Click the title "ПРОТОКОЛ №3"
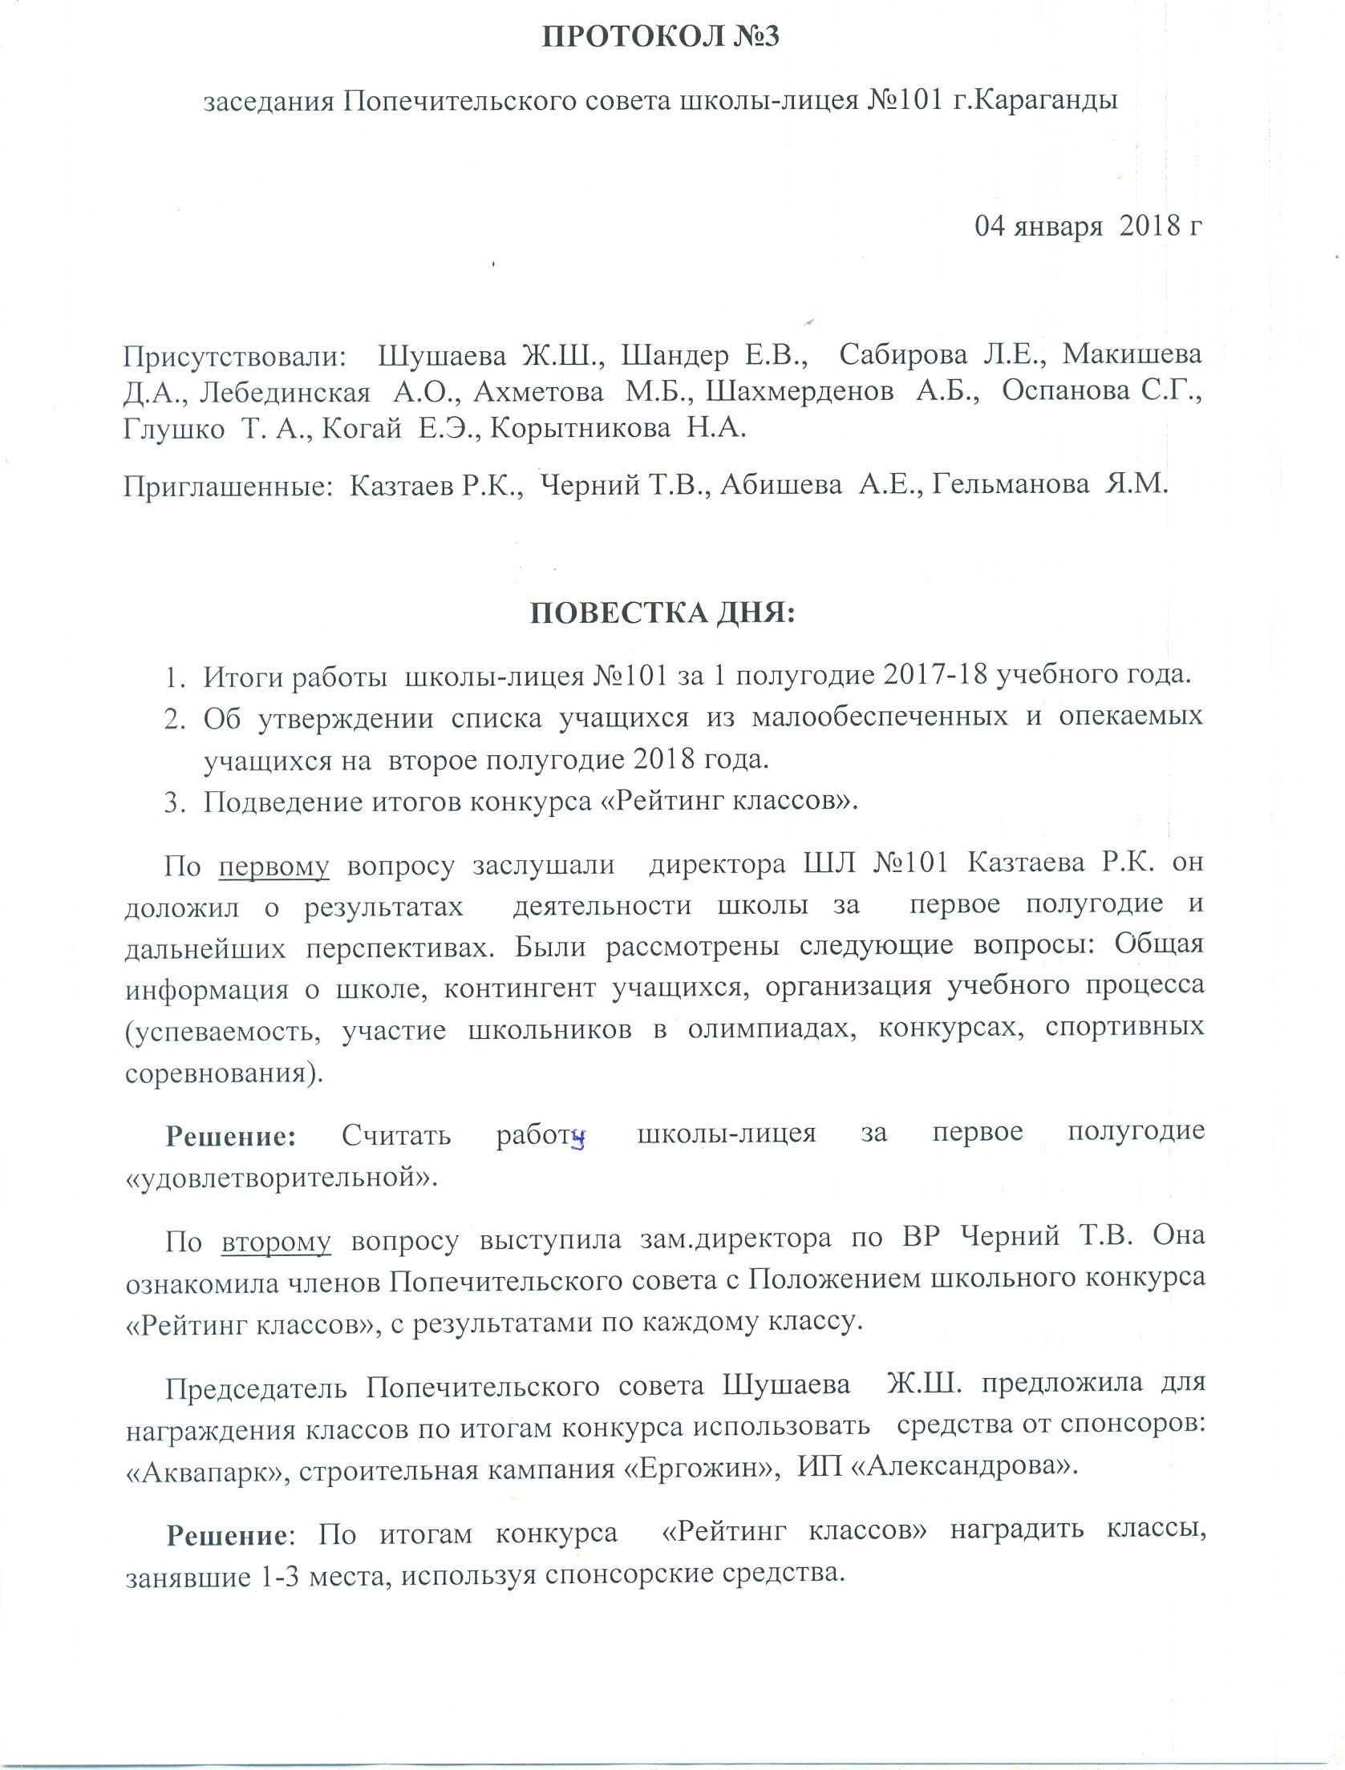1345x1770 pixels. click(x=660, y=38)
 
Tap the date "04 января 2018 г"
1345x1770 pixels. click(x=1088, y=227)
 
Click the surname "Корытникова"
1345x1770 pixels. click(x=580, y=430)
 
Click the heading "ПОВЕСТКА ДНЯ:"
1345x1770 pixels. click(x=662, y=613)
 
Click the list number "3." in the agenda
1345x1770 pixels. click(x=175, y=802)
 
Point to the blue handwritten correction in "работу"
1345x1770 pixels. click(x=576, y=1139)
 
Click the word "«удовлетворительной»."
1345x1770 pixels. click(x=282, y=1179)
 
